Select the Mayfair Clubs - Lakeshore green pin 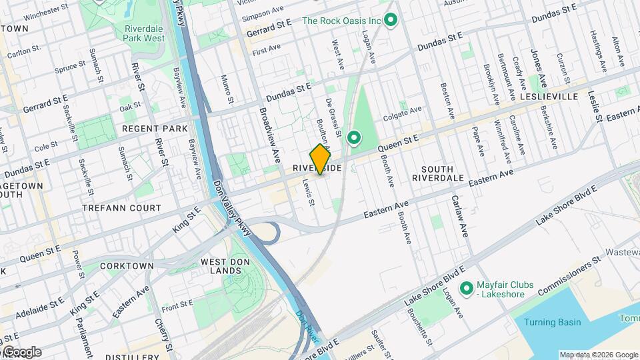[x=468, y=288]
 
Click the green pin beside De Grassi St [x=354, y=138]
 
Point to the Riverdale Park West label [x=144, y=33]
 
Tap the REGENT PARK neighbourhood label [x=154, y=128]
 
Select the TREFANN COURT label [x=121, y=208]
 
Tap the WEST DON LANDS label [x=221, y=266]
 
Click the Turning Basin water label [x=552, y=323]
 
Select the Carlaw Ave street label [x=460, y=216]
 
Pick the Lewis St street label [x=308, y=191]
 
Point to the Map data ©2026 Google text [x=598, y=355]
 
